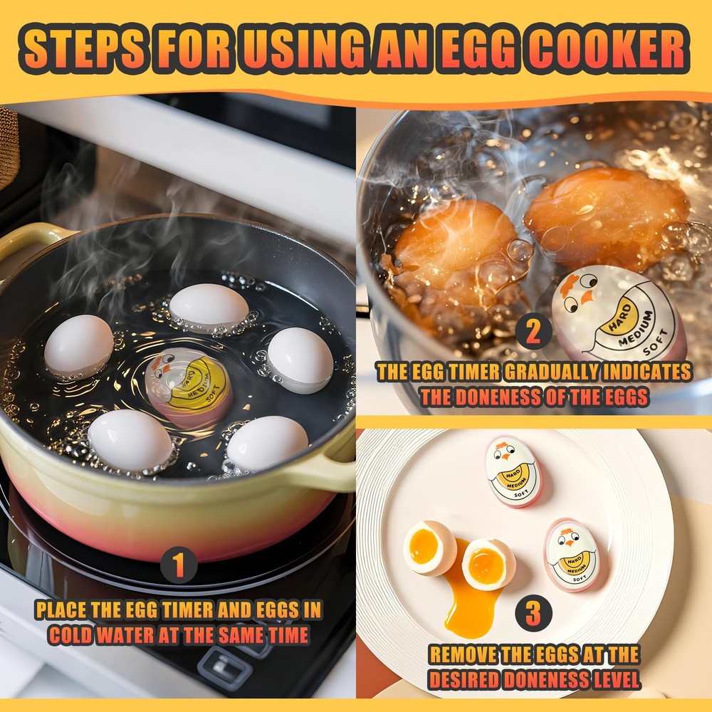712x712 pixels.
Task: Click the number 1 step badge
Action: pos(178,567)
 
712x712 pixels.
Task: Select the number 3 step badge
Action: pos(533,614)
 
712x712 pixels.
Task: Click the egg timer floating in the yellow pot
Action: pos(189,388)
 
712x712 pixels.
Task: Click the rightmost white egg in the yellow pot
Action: pos(300,360)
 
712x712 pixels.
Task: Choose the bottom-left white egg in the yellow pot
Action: pos(130,440)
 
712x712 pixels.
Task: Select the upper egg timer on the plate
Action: pos(513,471)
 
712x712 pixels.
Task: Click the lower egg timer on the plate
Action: pos(572,555)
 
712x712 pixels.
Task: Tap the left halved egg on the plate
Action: pos(429,548)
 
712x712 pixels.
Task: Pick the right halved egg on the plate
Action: pos(488,563)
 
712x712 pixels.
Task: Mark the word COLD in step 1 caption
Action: pos(73,635)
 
